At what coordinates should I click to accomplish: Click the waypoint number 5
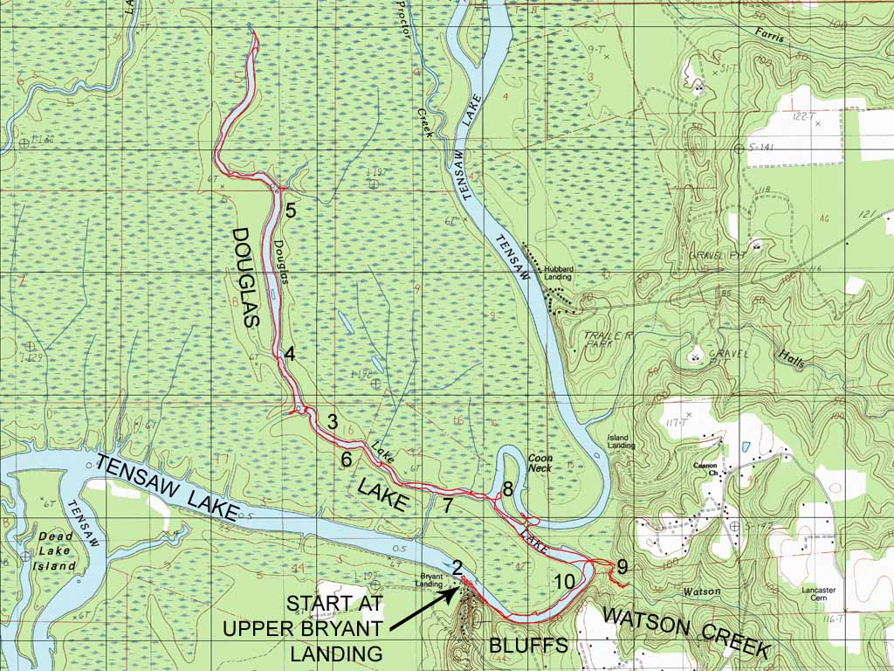point(291,211)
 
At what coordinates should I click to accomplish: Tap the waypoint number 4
point(289,354)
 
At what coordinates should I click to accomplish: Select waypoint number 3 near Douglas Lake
point(332,421)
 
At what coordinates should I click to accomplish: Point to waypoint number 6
point(347,459)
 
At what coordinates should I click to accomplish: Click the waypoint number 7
point(447,505)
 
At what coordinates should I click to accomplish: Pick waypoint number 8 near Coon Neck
point(507,488)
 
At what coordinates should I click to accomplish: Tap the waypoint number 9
point(622,567)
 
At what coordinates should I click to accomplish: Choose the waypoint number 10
point(565,582)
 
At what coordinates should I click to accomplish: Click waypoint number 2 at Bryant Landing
point(457,567)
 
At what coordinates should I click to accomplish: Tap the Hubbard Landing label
point(558,273)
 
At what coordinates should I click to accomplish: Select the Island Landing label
point(622,441)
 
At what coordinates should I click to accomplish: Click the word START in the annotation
point(323,604)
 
